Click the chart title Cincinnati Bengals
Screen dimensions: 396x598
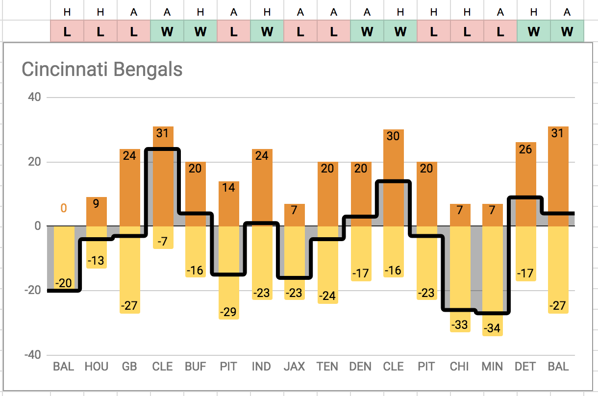[102, 70]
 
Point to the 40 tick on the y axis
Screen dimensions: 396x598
[34, 97]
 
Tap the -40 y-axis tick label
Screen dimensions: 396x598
[32, 355]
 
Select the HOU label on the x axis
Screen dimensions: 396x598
[96, 367]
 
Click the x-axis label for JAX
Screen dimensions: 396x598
[294, 367]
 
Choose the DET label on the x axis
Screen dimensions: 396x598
[525, 367]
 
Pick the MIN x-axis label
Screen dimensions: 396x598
[492, 367]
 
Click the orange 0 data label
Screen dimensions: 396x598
[63, 208]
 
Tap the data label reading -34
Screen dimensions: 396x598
[492, 328]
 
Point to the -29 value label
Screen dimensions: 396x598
[228, 312]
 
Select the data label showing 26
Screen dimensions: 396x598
[525, 149]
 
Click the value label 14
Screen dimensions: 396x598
[228, 188]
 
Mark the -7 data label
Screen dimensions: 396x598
[162, 241]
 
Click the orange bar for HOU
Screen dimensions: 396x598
[96, 216]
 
